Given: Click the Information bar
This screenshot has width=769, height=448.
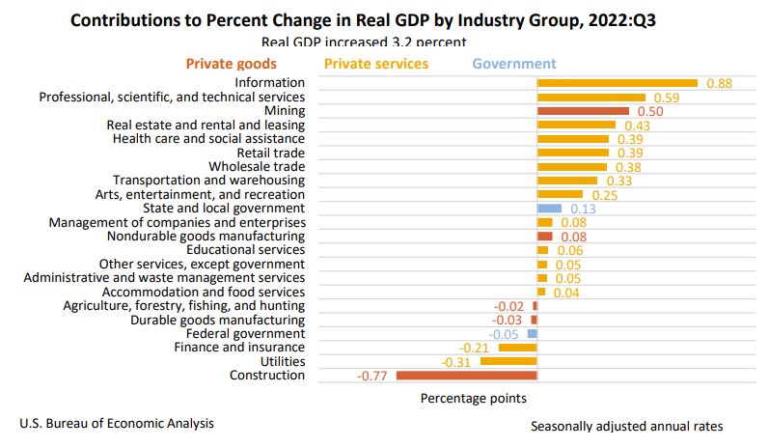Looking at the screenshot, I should [618, 83].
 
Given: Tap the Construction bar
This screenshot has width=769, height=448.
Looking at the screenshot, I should [466, 376].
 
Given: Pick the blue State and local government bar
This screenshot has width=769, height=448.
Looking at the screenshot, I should [549, 209].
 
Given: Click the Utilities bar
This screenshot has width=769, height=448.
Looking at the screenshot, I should [508, 361].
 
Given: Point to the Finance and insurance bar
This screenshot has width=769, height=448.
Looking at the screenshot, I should [518, 348].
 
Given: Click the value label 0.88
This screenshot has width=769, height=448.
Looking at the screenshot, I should [719, 84].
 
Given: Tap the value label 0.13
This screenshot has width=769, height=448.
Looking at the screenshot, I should [583, 210].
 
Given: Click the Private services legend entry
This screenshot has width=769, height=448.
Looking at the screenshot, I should [376, 64].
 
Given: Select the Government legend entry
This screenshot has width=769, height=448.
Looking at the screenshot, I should [514, 64].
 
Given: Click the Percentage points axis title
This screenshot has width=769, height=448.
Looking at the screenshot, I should [473, 397].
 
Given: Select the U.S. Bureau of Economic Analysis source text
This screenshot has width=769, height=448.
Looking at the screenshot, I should [117, 423].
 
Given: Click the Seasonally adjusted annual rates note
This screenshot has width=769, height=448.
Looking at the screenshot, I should [626, 426].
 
